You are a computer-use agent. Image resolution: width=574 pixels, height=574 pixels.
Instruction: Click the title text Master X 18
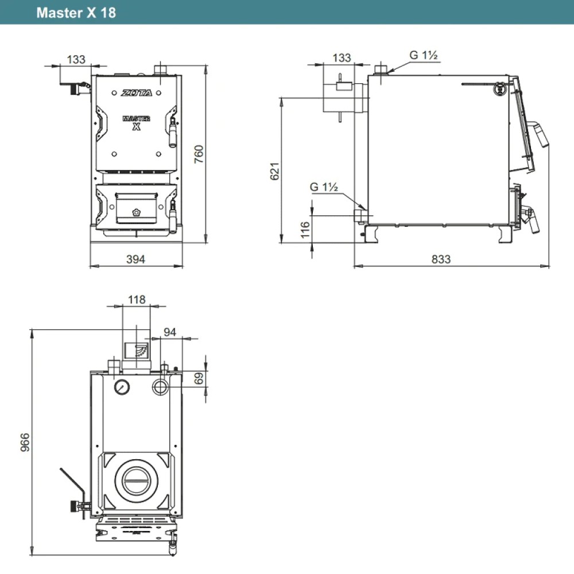coord(76,13)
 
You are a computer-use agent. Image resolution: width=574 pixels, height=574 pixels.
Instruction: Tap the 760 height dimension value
coord(199,154)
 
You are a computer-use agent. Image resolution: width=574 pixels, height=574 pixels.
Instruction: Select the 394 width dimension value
coord(136,259)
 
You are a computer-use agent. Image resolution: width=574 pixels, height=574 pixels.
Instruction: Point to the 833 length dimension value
coord(441,259)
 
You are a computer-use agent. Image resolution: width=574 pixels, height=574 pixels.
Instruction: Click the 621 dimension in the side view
coord(275,171)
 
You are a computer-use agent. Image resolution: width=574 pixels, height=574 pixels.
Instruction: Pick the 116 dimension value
coord(305,230)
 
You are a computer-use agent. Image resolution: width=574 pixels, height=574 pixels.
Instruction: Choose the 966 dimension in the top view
coord(24,443)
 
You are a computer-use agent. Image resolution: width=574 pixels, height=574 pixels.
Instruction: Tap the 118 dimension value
coord(137,300)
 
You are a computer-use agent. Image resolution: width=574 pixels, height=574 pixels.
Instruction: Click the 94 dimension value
coord(170,331)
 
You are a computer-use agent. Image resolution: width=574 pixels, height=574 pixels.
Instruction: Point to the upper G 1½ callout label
coord(424,56)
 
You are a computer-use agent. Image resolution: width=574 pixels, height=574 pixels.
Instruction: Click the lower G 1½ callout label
coord(324,187)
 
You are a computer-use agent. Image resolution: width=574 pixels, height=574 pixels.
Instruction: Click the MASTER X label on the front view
coord(137,122)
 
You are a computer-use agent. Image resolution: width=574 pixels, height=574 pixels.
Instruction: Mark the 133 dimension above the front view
coord(76,59)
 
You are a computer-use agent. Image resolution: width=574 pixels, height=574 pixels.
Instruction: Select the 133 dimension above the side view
coord(342,58)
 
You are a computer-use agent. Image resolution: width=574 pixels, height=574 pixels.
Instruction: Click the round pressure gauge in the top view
coord(122,386)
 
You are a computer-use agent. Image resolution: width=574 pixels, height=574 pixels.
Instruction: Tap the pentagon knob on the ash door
coord(137,211)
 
